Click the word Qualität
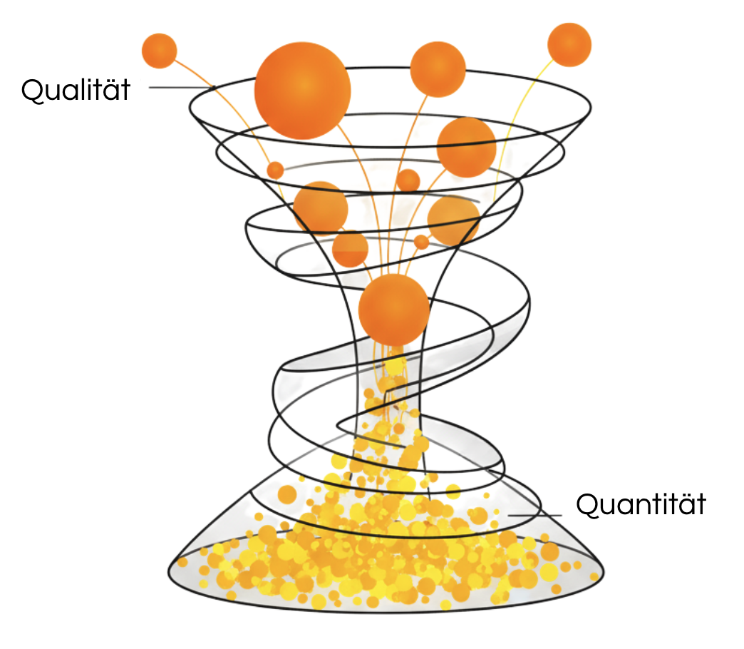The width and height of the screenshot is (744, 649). coord(76,90)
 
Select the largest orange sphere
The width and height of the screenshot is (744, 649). coord(302,91)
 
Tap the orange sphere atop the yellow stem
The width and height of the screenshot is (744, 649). coord(569,45)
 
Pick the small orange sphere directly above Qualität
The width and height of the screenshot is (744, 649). coord(160,51)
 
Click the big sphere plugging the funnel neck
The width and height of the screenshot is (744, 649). coord(394,310)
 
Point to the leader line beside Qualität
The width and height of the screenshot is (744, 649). coord(182,87)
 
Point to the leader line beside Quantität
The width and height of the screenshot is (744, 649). coord(534,515)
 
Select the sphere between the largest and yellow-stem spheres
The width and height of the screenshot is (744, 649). coord(438,69)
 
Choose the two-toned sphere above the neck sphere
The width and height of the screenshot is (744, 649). coord(350,249)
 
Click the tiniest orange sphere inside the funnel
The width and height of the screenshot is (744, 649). coord(421,242)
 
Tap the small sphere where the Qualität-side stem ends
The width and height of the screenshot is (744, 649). coord(275,170)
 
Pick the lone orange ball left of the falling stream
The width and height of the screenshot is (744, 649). coord(287,494)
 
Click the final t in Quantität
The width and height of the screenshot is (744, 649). coord(700,506)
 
